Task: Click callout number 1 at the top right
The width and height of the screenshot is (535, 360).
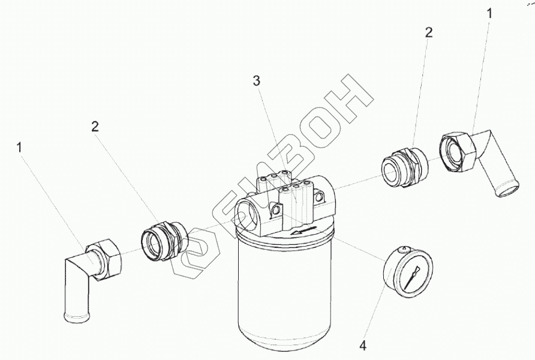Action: pyautogui.click(x=489, y=14)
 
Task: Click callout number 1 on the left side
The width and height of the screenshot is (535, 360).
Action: pyautogui.click(x=19, y=148)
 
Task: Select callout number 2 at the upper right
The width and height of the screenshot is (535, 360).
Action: pyautogui.click(x=429, y=32)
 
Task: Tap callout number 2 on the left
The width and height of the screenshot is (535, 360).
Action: pyautogui.click(x=95, y=127)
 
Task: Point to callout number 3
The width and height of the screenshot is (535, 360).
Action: pyautogui.click(x=257, y=81)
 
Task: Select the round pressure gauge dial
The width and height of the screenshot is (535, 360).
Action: pyautogui.click(x=408, y=272)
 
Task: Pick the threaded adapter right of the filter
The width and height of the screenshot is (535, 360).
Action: pyautogui.click(x=404, y=167)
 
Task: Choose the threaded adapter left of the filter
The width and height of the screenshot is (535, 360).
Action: pyautogui.click(x=164, y=241)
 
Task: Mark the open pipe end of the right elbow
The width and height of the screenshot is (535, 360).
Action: pyautogui.click(x=507, y=190)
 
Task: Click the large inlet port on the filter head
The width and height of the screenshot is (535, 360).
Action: pyautogui.click(x=248, y=215)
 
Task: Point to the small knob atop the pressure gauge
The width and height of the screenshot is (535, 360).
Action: pyautogui.click(x=405, y=249)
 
